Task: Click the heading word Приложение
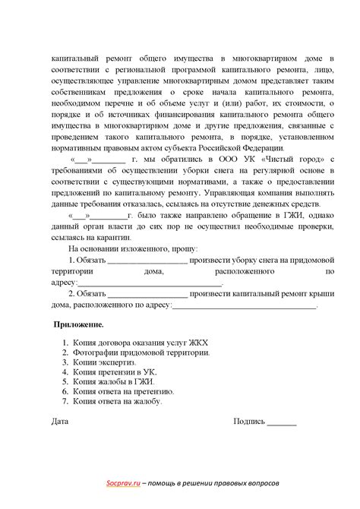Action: click(x=78, y=324)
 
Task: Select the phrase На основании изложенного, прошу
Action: click(x=133, y=248)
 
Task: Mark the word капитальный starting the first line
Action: click(x=77, y=58)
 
